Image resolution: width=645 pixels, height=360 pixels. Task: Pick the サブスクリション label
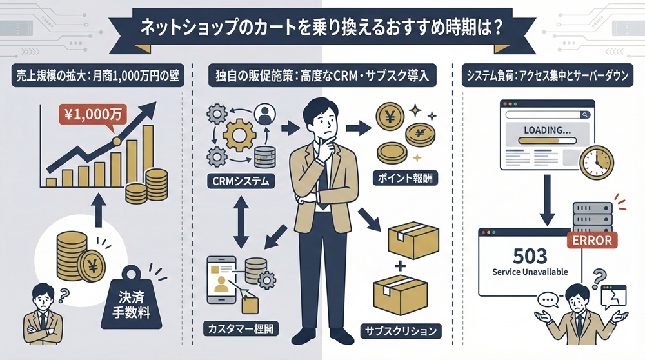(x=401, y=332)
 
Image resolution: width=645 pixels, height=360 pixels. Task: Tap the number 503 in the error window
(x=530, y=254)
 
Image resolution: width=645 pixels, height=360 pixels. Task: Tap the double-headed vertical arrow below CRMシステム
(x=241, y=223)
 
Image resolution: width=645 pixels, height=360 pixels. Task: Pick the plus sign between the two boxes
(x=399, y=266)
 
